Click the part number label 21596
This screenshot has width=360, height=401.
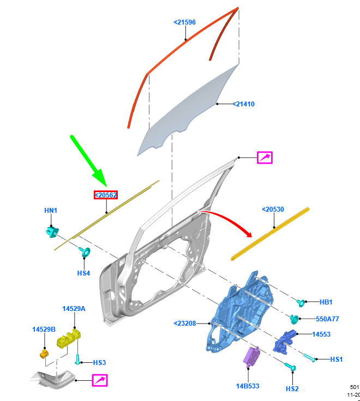184,22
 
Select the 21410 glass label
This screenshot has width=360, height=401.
243,104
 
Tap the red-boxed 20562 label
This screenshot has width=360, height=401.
106,195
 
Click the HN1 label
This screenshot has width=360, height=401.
51,211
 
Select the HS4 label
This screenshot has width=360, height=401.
83,272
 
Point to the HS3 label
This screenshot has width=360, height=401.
99,362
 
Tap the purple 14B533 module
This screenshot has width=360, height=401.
251,358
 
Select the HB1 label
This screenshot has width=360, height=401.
326,302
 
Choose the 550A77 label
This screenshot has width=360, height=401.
327,319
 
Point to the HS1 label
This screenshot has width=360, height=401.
337,359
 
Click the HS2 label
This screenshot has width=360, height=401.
292,388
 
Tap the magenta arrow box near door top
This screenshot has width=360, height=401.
265,158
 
